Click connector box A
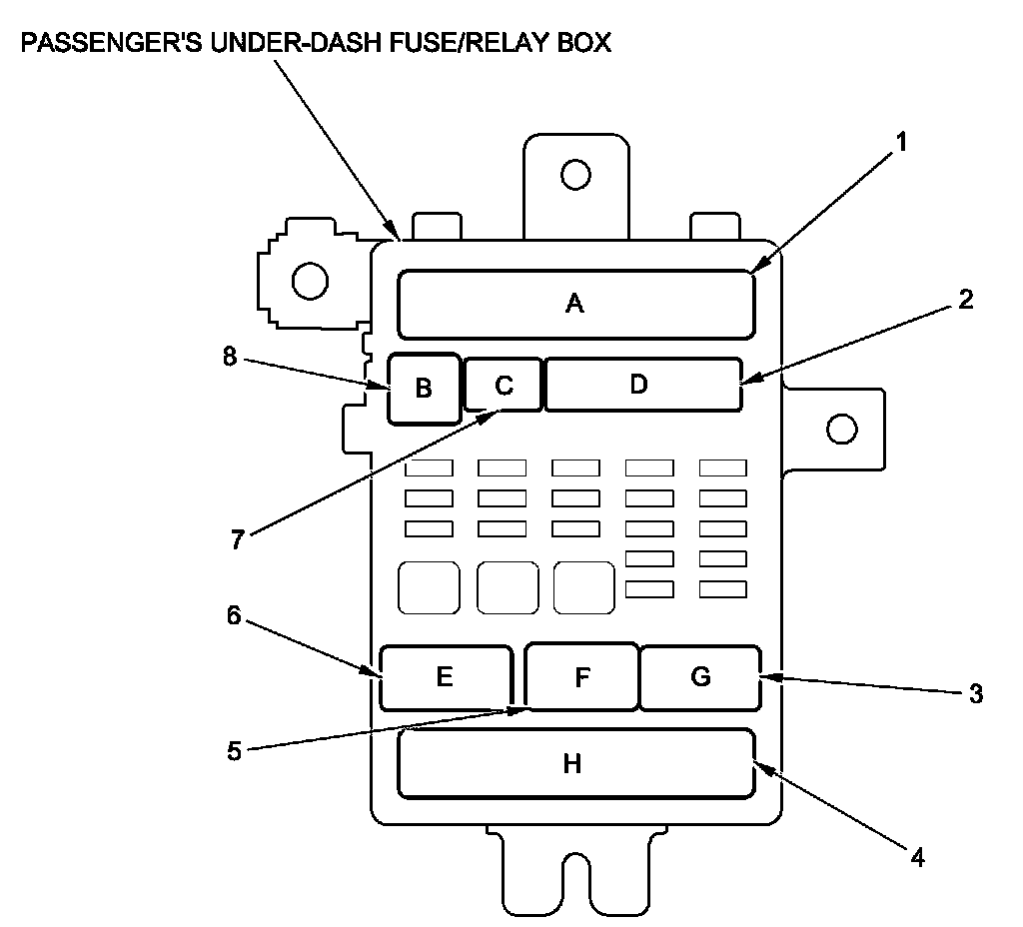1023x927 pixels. [575, 304]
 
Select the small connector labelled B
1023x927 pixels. [425, 388]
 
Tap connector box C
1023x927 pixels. [504, 385]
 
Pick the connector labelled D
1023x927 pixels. [642, 385]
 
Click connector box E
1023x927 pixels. [446, 677]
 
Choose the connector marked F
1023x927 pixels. [582, 677]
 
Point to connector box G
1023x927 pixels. [699, 677]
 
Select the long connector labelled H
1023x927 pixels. [575, 764]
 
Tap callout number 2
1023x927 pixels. [965, 300]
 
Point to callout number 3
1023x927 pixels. [976, 692]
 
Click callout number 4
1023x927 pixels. [915, 855]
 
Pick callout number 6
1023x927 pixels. [233, 615]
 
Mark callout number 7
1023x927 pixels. [237, 539]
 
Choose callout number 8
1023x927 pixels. [230, 357]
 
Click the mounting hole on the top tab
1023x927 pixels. [575, 176]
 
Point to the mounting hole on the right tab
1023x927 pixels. [842, 430]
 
